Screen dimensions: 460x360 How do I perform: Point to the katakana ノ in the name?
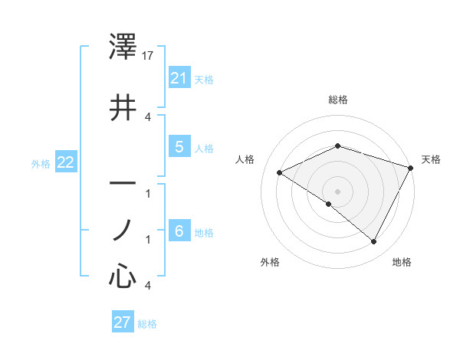pyautogui.click(x=123, y=230)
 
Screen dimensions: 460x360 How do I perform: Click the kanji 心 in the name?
pyautogui.click(x=123, y=276)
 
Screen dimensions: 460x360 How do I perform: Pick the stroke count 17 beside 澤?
pyautogui.click(x=149, y=56)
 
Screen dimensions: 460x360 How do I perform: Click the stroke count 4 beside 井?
pyautogui.click(x=148, y=117)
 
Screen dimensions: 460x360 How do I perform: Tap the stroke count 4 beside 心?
pyautogui.click(x=148, y=286)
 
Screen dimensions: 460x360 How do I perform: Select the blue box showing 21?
pyautogui.click(x=179, y=78)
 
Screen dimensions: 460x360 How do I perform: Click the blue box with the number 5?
pyautogui.click(x=179, y=147)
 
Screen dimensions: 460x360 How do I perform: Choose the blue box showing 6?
pyautogui.click(x=179, y=231)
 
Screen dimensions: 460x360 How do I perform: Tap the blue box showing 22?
pyautogui.click(x=66, y=162)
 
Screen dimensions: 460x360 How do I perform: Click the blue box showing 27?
pyautogui.click(x=123, y=322)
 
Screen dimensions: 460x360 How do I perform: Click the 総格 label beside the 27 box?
pyautogui.click(x=148, y=324)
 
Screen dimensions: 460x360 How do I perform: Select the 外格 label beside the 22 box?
pyautogui.click(x=41, y=163)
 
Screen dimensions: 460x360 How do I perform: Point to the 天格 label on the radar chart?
pyautogui.click(x=431, y=159)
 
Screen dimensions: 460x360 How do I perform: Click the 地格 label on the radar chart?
pyautogui.click(x=402, y=262)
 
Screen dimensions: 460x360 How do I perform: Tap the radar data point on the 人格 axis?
pyautogui.click(x=280, y=173)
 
